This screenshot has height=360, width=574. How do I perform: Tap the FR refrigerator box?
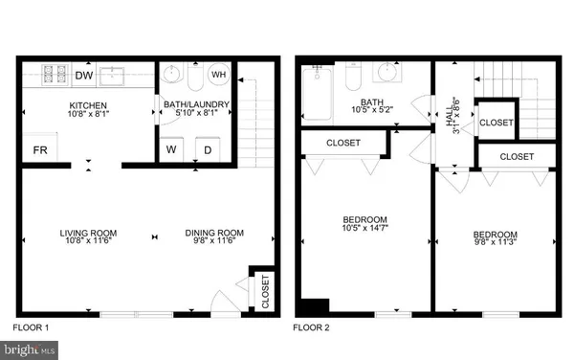pos(41,150)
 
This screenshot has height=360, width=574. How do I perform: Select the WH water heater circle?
pos(219,74)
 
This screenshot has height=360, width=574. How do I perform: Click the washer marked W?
pos(174,149)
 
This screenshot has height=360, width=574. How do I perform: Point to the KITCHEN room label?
pos(87,105)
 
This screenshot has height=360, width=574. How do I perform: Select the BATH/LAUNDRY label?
pos(199,105)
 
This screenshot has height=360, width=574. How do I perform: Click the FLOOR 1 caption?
pos(31,327)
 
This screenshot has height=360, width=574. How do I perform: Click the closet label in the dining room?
pos(265,291)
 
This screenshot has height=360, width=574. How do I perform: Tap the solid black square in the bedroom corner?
pos(314,306)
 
